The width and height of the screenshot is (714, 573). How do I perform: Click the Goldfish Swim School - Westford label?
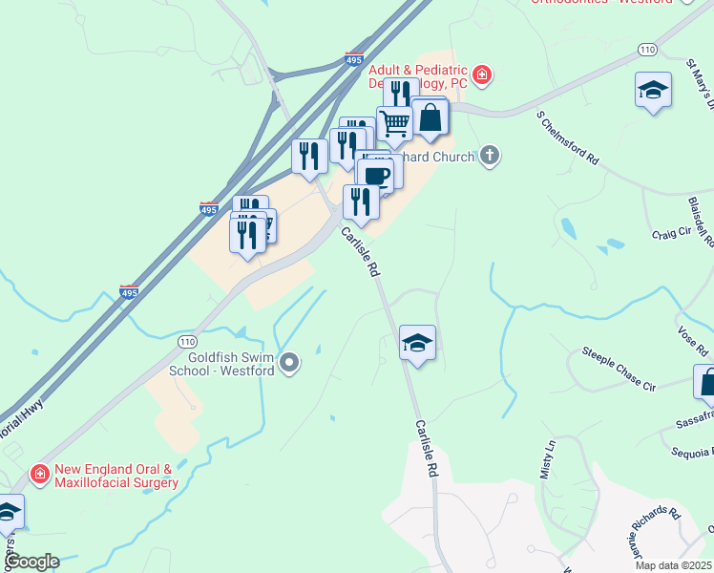[221, 363]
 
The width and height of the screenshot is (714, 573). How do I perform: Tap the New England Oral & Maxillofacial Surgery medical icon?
[39, 473]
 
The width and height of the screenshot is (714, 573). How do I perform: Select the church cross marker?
[490, 156]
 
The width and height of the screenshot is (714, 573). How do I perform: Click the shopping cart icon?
[393, 122]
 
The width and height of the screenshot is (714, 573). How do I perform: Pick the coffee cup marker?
[375, 176]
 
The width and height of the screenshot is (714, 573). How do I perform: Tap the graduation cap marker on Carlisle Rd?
[417, 343]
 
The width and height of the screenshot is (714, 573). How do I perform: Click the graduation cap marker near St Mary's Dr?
[653, 91]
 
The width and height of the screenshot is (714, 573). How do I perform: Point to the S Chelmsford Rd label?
[567, 138]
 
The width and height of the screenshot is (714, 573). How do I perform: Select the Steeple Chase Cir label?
[620, 371]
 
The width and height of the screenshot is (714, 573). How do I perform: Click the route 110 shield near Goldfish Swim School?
[187, 340]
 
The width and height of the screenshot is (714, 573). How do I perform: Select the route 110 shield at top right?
[648, 49]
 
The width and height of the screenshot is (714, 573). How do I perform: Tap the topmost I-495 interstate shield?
[354, 59]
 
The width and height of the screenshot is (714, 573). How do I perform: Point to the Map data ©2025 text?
[673, 565]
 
